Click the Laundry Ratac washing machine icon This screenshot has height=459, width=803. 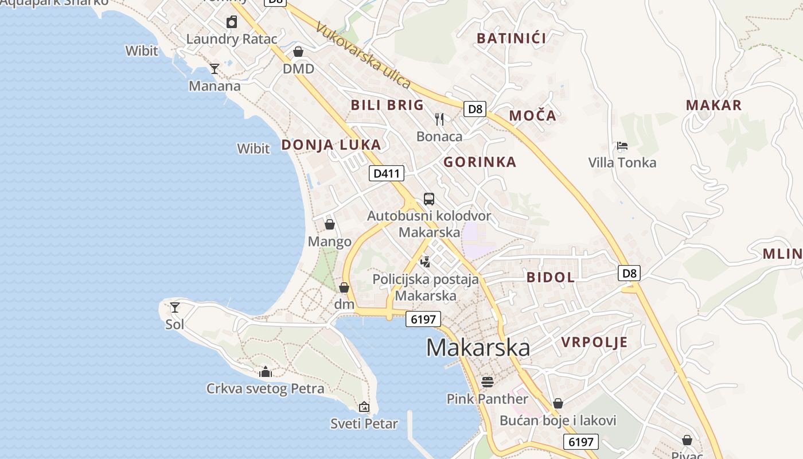coord(232,22)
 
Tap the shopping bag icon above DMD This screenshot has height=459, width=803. coord(298,52)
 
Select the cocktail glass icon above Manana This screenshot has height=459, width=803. coord(215,69)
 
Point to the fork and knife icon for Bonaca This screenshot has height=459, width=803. coord(439,119)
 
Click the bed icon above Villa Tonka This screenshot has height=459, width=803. coord(622,146)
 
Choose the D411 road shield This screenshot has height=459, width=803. coord(387,173)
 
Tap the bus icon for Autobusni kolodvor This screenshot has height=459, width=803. coord(429,199)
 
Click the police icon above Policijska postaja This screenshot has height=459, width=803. coord(426,262)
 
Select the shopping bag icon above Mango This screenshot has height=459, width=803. coord(329,224)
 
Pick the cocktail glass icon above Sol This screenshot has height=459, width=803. coord(175,308)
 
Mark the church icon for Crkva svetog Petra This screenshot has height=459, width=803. coord(265,372)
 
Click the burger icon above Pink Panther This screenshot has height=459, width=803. coord(488,382)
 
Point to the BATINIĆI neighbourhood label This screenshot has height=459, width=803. coord(512,38)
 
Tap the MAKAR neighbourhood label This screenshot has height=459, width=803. coord(714,106)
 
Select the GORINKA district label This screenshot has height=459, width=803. coord(480,162)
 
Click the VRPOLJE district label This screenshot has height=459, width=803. coord(594,343)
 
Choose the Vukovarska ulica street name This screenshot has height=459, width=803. coord(363,56)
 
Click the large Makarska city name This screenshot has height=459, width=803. coord(478,348)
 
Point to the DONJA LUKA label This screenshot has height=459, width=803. coord(331,145)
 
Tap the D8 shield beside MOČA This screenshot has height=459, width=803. coord(475,109)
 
